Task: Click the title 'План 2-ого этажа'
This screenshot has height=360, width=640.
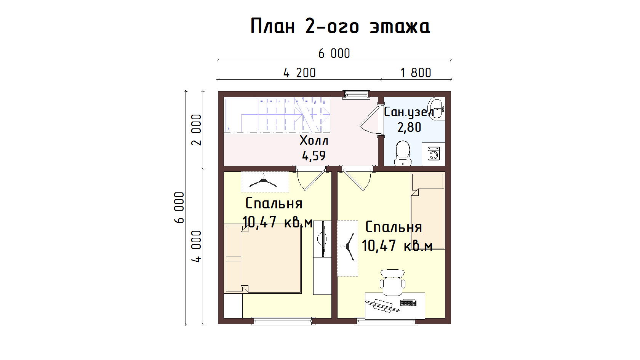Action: coord(340,26)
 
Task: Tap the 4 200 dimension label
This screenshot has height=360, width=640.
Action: coord(299,73)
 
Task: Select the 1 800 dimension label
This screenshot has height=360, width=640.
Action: coord(416,73)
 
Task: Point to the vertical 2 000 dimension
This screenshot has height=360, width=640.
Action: coord(196,130)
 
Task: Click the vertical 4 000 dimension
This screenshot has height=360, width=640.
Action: coord(196,246)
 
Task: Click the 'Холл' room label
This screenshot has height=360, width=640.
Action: coord(314,141)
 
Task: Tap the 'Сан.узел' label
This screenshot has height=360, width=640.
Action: coord(409,112)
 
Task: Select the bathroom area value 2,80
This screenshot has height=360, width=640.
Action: coord(409,127)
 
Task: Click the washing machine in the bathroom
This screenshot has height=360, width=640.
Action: coord(434,154)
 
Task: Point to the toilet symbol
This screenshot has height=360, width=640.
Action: coord(403,153)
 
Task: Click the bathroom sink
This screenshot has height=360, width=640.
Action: coord(437,109)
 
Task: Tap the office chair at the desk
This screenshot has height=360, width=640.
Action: coord(392,283)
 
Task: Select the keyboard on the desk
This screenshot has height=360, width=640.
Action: coord(408,302)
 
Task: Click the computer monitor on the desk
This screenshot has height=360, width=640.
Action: coord(382,306)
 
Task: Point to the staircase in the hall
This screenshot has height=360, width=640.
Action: coord(277,115)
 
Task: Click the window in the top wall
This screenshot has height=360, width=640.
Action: coord(356,94)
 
